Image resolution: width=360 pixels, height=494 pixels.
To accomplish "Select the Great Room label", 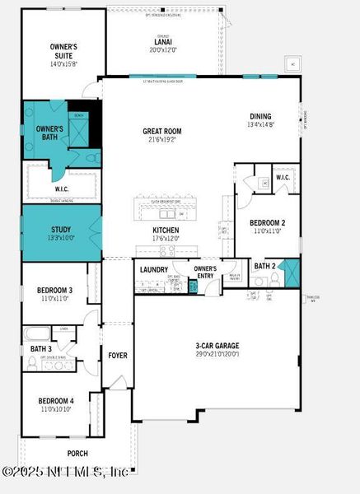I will click(161, 131).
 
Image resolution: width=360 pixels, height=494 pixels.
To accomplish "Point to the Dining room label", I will click(262, 116).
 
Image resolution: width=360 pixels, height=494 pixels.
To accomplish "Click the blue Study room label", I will click(62, 230).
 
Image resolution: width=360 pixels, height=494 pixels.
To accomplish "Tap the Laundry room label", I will click(154, 269).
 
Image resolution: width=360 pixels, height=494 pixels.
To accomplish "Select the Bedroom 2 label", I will click(268, 222).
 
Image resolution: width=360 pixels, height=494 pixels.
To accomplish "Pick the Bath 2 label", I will click(264, 266).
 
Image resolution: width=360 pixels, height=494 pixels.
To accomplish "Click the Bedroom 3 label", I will click(54, 291).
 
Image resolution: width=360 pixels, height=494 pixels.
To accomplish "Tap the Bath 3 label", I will click(40, 349).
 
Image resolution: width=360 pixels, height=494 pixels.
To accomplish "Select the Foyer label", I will click(118, 356).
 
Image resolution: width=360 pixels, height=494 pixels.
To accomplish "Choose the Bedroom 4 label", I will click(54, 401).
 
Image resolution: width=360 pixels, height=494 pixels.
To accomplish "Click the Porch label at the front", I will click(77, 453).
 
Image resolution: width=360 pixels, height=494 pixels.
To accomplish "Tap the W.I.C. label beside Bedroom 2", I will click(282, 176).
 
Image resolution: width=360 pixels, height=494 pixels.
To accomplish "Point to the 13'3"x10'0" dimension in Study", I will click(62, 238).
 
